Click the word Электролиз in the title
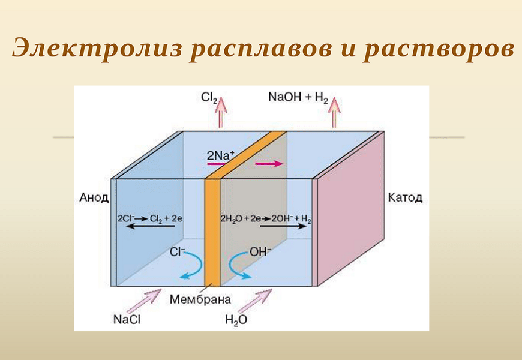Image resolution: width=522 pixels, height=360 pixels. tap(97, 48)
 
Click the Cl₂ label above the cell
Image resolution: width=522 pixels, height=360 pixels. tap(209, 98)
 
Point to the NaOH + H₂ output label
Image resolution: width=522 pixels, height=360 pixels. tap(298, 98)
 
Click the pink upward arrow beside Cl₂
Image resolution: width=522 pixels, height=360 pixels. tap(221, 112)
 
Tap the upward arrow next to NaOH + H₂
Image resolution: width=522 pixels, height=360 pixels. tap(334, 112)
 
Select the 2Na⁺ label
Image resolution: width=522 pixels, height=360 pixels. tap(221, 155)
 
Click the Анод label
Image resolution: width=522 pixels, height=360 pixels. tap(94, 198)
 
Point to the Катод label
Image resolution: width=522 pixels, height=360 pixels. tap(405, 198)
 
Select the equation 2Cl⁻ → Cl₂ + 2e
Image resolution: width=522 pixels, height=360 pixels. tap(150, 219)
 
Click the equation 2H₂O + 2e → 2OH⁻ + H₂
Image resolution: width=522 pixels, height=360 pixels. tap(266, 219)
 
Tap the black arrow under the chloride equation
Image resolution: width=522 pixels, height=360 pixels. tap(151, 226)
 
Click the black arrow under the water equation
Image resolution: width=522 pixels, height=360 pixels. tap(283, 226)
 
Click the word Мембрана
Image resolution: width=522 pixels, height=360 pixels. tap(200, 299)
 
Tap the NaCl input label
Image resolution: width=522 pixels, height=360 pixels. tap(127, 320)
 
